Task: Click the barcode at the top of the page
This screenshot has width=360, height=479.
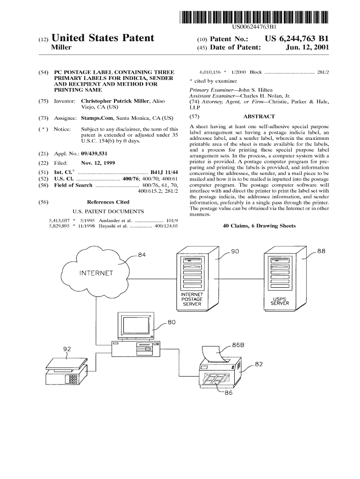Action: point(254,17)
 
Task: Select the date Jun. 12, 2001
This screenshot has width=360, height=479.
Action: point(310,48)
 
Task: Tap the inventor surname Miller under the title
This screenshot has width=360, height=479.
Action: point(61,48)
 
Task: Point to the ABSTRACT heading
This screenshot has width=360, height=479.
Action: point(259,116)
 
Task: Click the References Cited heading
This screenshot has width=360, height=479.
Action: point(108,202)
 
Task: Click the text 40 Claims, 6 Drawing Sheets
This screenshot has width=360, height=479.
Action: point(259,226)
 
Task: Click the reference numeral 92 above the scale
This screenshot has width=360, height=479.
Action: point(67,349)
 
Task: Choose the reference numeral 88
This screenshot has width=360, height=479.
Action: point(321,251)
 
